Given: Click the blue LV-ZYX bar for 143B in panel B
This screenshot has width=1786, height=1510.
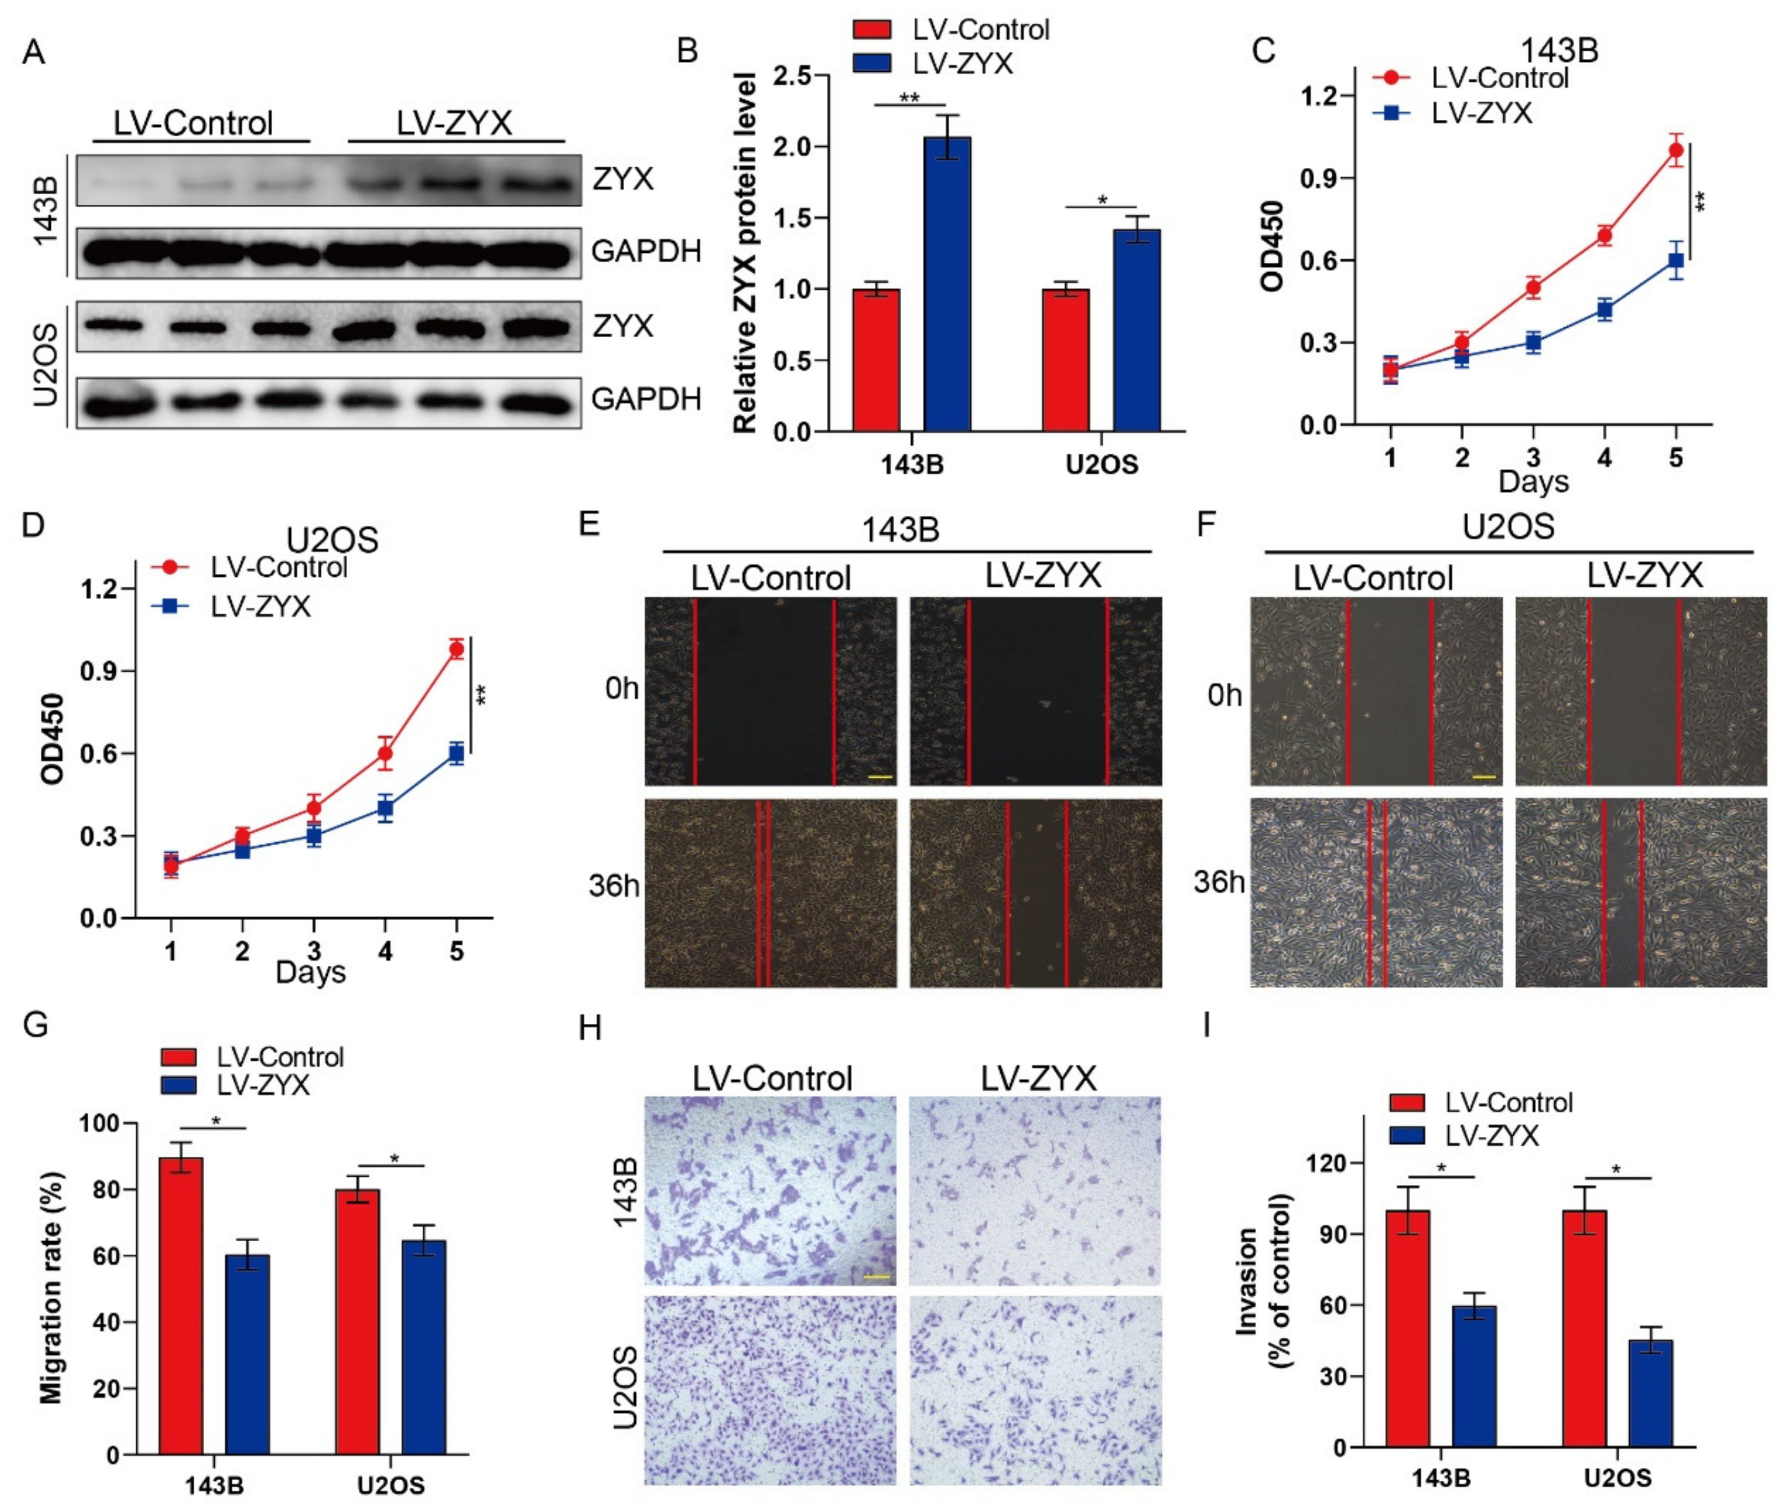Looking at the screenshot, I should click(947, 283).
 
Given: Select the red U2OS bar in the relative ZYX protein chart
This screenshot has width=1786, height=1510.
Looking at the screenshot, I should click(1066, 359).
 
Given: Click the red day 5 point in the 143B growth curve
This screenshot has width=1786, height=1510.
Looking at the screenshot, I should click(1676, 151).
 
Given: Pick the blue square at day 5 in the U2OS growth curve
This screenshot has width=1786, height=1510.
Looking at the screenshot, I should click(456, 753).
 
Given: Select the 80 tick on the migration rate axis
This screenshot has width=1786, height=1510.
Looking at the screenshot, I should click(101, 1190).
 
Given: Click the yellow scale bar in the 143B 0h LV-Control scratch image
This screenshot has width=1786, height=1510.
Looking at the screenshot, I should click(880, 777).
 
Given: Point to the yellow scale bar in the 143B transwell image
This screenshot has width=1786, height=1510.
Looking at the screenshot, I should click(878, 1277).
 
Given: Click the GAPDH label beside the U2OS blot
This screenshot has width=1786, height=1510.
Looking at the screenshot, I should click(646, 399).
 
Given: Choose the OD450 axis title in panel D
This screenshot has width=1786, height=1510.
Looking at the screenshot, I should click(52, 740).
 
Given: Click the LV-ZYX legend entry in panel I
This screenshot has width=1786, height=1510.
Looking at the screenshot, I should click(1491, 1136).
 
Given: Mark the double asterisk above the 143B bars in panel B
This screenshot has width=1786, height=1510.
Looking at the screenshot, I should click(909, 98).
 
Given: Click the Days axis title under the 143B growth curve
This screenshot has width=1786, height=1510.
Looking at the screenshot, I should click(1533, 482).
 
